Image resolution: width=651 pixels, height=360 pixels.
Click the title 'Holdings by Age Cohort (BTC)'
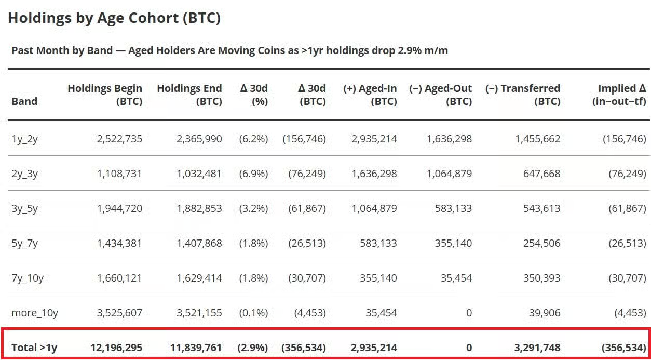point(114,18)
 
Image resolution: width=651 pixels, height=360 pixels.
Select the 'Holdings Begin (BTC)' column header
point(105,95)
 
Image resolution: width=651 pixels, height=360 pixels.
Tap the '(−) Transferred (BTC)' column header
point(523,95)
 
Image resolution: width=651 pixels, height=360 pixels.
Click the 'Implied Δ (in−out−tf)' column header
point(619,95)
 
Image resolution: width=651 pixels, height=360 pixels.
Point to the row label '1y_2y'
point(25,139)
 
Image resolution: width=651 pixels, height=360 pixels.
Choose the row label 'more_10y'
point(35,313)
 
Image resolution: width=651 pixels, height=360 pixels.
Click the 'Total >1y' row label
point(34,348)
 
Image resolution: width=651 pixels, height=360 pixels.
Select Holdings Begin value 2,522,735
point(119,139)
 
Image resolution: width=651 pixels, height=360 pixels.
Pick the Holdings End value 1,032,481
point(199,174)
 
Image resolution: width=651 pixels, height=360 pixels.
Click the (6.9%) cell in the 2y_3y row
point(253,174)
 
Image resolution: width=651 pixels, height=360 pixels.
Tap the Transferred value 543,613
point(542,208)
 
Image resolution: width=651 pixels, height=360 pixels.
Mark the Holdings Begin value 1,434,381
point(119,243)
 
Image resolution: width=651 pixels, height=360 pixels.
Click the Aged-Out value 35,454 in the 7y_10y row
point(456,278)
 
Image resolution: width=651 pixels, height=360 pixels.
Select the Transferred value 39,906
point(545,313)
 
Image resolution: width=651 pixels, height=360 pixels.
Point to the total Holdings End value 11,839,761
point(196,348)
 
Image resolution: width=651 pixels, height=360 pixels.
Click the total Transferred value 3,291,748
point(537,348)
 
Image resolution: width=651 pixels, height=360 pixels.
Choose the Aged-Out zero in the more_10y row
point(469,313)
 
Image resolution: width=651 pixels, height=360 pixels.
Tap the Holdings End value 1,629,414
point(199,278)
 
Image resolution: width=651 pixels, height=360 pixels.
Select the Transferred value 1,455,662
point(538,139)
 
